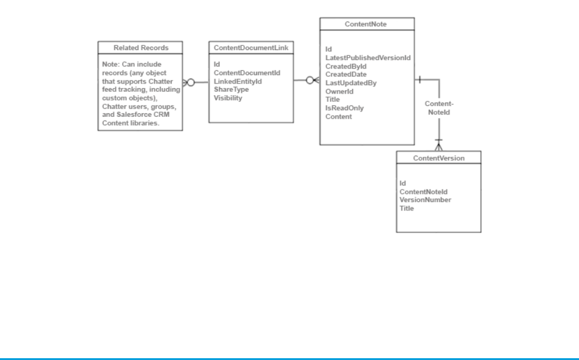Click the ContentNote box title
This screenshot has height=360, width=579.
coord(366,23)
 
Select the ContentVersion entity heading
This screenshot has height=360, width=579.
coord(438,158)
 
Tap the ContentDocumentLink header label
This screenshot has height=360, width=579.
coord(251,48)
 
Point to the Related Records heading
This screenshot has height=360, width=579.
coord(141,48)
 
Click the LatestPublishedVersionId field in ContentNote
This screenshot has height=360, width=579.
coord(368,57)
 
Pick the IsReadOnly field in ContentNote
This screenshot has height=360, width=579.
coord(344,108)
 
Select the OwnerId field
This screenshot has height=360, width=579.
coord(340,91)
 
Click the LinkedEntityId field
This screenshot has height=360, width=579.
coord(238,81)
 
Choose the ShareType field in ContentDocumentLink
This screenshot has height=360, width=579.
coord(231,89)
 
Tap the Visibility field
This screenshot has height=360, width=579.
coord(228,98)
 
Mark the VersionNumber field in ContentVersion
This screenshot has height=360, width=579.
coord(425,200)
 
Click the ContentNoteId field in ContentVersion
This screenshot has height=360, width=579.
coord(423,191)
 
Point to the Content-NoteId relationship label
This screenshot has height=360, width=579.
coord(439,108)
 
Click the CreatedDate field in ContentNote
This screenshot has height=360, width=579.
coord(345,75)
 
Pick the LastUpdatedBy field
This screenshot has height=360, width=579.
coord(350,83)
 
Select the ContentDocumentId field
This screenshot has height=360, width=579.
coord(247,73)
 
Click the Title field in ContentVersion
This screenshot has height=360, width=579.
coord(407,208)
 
